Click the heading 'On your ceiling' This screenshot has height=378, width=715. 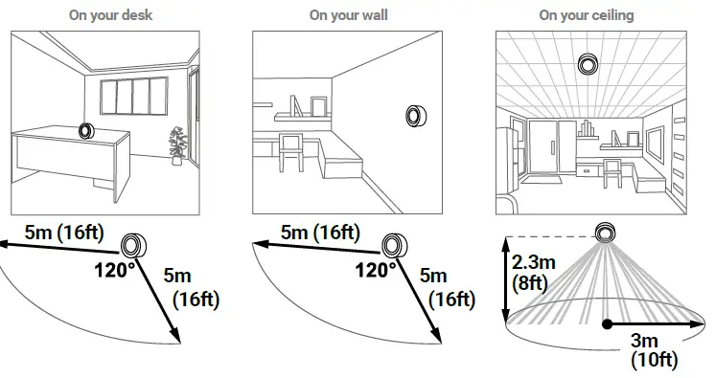click(x=586, y=15)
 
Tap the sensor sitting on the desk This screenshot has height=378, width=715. click(x=87, y=130)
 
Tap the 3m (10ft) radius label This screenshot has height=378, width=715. click(x=655, y=351)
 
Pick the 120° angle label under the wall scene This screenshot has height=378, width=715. click(x=377, y=270)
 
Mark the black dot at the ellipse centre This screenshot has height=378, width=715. click(x=606, y=324)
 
